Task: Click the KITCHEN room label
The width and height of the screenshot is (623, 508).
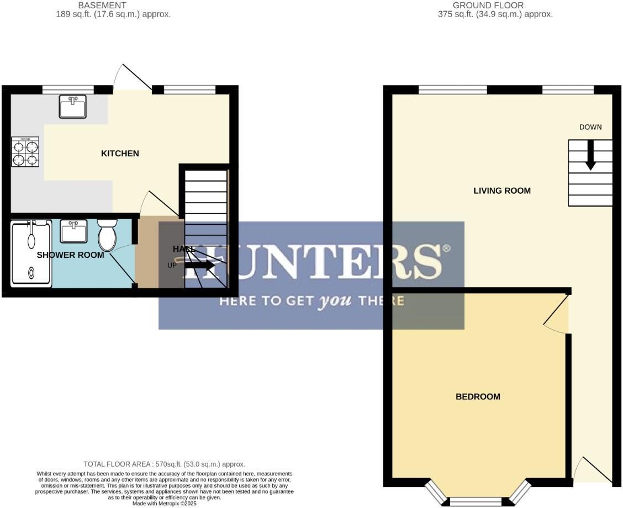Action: click(x=120, y=154)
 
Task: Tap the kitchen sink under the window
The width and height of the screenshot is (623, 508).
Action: click(x=72, y=107)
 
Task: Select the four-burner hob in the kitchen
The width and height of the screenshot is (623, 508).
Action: click(x=25, y=152)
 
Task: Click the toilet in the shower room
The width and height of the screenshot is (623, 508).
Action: click(x=107, y=235)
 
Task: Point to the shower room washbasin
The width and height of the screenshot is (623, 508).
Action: click(x=73, y=231)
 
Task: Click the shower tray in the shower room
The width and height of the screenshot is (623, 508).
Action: click(x=31, y=253)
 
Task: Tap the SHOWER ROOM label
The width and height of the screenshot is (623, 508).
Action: click(x=70, y=255)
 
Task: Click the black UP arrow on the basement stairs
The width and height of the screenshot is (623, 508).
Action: click(x=199, y=266)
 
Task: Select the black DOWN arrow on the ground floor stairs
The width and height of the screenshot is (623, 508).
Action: click(x=590, y=155)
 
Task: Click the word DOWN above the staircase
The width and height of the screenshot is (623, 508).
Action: click(x=590, y=127)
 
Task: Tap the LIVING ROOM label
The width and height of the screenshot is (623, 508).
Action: click(x=502, y=191)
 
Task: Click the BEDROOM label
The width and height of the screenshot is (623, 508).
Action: click(x=478, y=396)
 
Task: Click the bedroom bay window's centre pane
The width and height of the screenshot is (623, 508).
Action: click(x=476, y=501)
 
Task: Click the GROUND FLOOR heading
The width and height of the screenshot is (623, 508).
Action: click(x=488, y=6)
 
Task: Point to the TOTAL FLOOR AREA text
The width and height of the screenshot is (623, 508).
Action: click(x=164, y=464)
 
